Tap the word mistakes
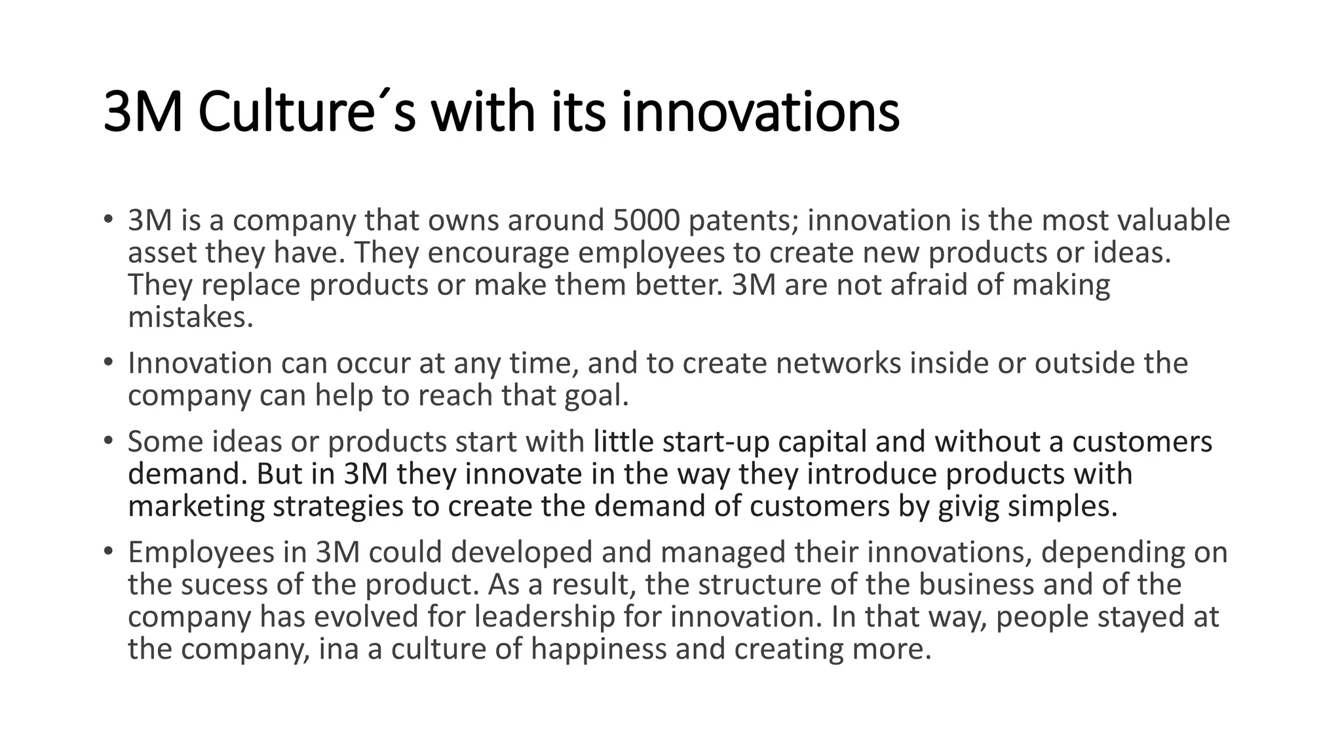pos(189,317)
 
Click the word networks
pos(838,363)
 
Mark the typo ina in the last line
pos(339,649)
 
